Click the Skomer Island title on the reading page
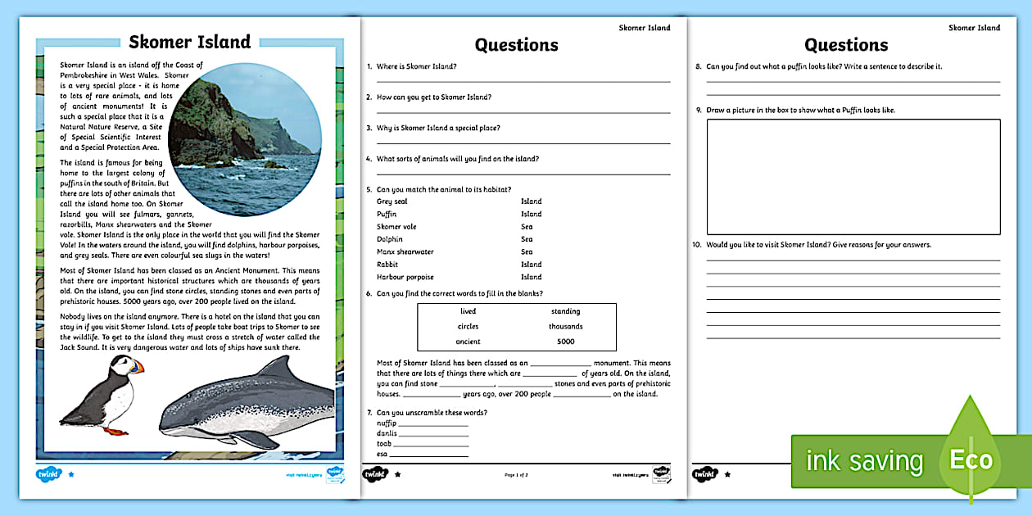pyautogui.click(x=190, y=43)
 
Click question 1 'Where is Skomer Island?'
pyautogui.click(x=417, y=66)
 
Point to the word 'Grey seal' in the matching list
pyautogui.click(x=392, y=201)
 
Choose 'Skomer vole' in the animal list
pyautogui.click(x=396, y=227)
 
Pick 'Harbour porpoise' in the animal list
pyautogui.click(x=405, y=277)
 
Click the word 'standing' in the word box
pyautogui.click(x=566, y=311)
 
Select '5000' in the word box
pyautogui.click(x=566, y=342)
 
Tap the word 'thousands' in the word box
pyautogui.click(x=566, y=327)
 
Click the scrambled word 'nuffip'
pyautogui.click(x=387, y=423)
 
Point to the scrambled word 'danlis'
pyautogui.click(x=387, y=433)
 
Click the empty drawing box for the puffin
pyautogui.click(x=853, y=177)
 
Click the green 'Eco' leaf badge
pyautogui.click(x=971, y=459)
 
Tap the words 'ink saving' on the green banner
pyautogui.click(x=864, y=461)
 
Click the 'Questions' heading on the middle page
pyautogui.click(x=517, y=45)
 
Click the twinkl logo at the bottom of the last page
pyautogui.click(x=704, y=474)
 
